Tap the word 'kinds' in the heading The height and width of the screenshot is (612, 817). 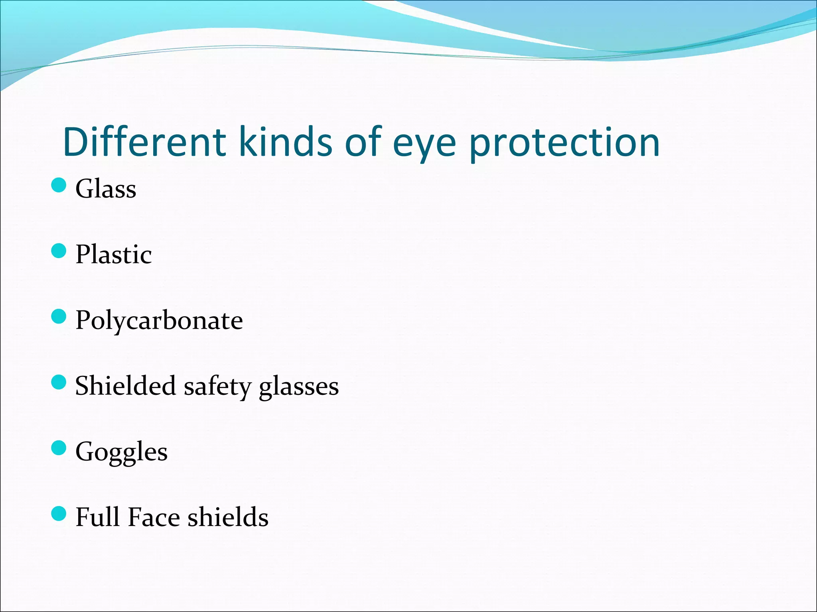click(285, 142)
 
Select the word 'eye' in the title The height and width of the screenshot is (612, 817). click(424, 146)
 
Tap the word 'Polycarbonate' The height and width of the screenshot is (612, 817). click(159, 321)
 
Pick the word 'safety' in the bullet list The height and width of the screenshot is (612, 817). click(217, 387)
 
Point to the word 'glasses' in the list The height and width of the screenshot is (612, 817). click(299, 388)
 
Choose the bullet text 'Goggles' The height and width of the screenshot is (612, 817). click(121, 453)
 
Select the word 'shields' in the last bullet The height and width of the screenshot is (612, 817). click(228, 517)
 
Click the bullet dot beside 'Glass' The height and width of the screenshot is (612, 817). click(59, 185)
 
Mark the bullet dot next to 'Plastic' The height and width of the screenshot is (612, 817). click(59, 251)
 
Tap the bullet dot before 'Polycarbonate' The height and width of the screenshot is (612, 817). click(59, 317)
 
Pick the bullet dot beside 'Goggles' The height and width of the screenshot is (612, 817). click(59, 448)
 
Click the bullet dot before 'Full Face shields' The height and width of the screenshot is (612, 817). click(59, 514)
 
